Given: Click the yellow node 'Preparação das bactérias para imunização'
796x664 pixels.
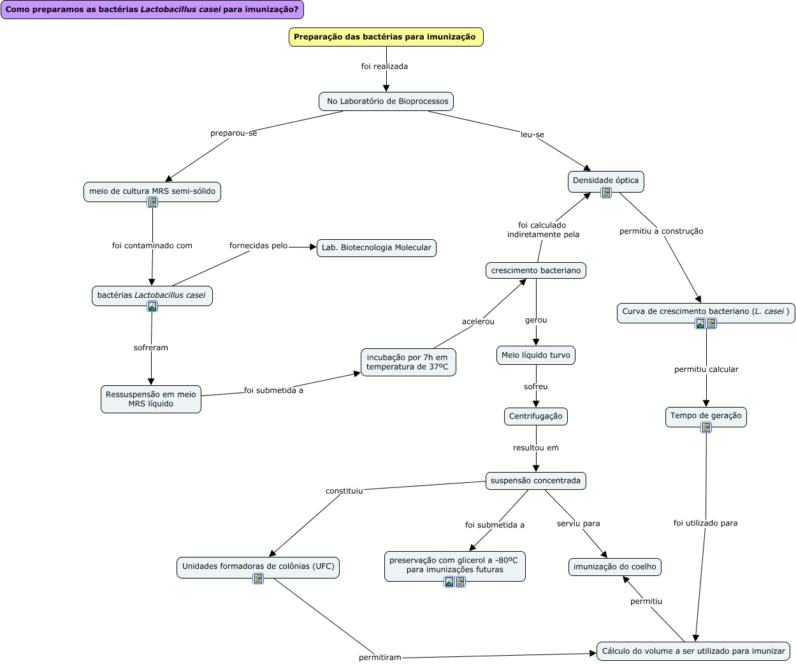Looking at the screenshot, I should tap(386, 37).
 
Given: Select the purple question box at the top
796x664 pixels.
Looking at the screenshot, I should tap(152, 10).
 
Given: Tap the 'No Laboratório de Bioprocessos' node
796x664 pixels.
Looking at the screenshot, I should tap(386, 101).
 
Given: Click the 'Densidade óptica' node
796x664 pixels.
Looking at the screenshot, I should tap(605, 181).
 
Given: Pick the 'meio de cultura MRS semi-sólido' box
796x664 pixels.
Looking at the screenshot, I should tap(152, 191).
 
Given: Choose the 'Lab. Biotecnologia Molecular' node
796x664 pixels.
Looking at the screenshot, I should tap(376, 247).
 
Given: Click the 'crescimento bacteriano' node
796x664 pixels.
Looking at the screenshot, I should tap(535, 270).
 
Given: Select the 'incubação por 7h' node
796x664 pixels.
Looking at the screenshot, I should tap(408, 362).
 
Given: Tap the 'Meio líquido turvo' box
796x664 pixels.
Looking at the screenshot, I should tap(535, 355).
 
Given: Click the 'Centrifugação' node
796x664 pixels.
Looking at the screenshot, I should tap(535, 417).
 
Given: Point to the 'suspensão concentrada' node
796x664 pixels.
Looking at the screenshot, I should tap(535, 481).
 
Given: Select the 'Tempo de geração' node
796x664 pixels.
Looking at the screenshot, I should tap(706, 416).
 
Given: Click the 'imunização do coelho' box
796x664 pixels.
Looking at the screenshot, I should tap(614, 567).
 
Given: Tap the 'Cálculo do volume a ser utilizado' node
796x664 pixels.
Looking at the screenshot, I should tap(693, 651).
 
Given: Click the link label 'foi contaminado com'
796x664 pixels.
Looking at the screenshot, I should tap(152, 246).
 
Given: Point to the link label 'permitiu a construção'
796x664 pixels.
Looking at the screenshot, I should tap(661, 232).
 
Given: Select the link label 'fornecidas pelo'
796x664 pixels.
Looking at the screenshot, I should tap(258, 246).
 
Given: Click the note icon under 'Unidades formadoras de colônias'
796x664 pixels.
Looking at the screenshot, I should tap(258, 579).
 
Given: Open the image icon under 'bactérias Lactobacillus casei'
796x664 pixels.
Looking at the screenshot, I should tap(152, 306).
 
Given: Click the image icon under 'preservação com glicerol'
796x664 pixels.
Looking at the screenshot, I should tap(449, 582).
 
